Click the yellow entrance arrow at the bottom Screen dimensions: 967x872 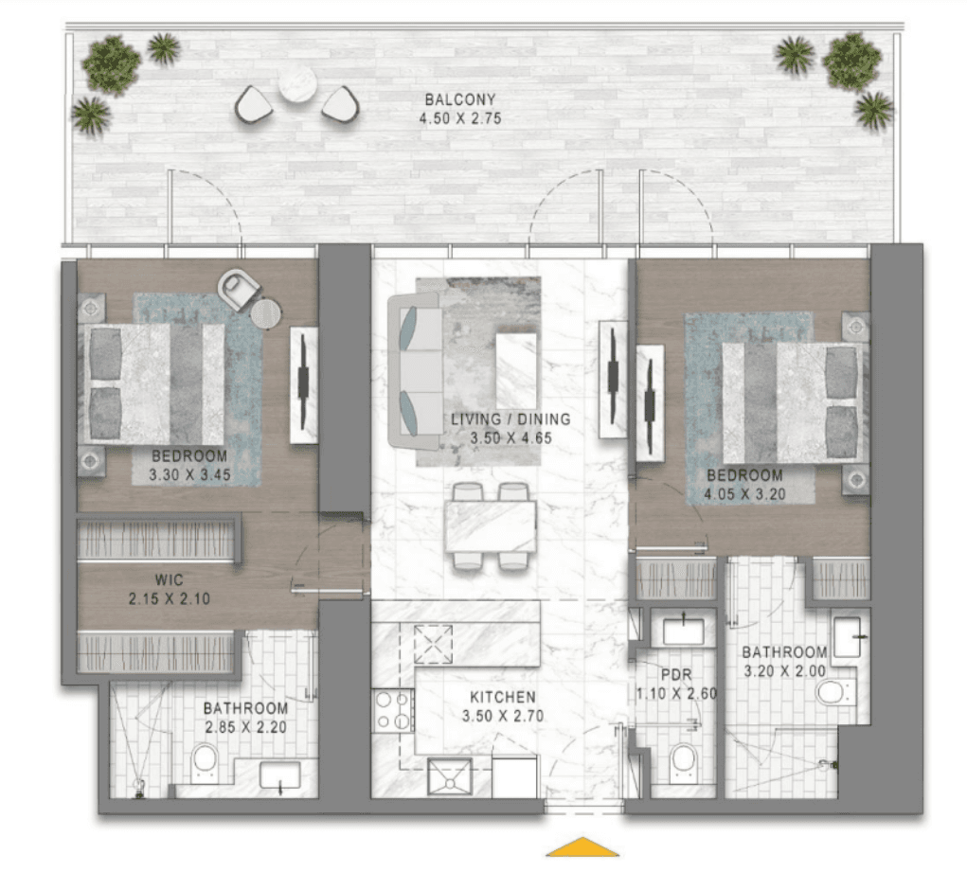click(582, 847)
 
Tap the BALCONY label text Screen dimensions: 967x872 click(460, 99)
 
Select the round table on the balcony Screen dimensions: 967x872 click(297, 83)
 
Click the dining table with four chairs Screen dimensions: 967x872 click(491, 526)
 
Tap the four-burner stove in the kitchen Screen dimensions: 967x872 click(392, 710)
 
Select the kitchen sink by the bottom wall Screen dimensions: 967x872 click(450, 777)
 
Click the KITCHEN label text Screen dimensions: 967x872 click(503, 697)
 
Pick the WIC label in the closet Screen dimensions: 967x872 click(169, 579)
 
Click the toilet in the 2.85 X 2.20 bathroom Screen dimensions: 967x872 click(205, 761)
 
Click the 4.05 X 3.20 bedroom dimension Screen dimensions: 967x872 click(745, 494)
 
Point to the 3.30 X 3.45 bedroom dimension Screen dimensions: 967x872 click(190, 475)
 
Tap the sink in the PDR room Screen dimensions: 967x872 click(683, 632)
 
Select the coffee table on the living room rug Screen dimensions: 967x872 click(516, 370)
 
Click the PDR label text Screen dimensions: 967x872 click(676, 675)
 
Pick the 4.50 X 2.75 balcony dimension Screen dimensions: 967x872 click(460, 118)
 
